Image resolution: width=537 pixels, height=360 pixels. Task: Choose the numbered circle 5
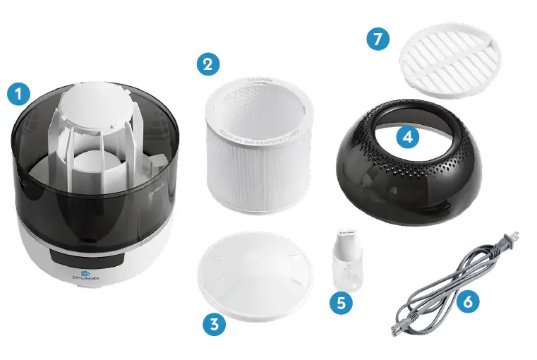342,301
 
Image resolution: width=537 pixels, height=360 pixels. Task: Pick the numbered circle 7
379,40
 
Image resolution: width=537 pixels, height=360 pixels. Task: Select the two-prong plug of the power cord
509,239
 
